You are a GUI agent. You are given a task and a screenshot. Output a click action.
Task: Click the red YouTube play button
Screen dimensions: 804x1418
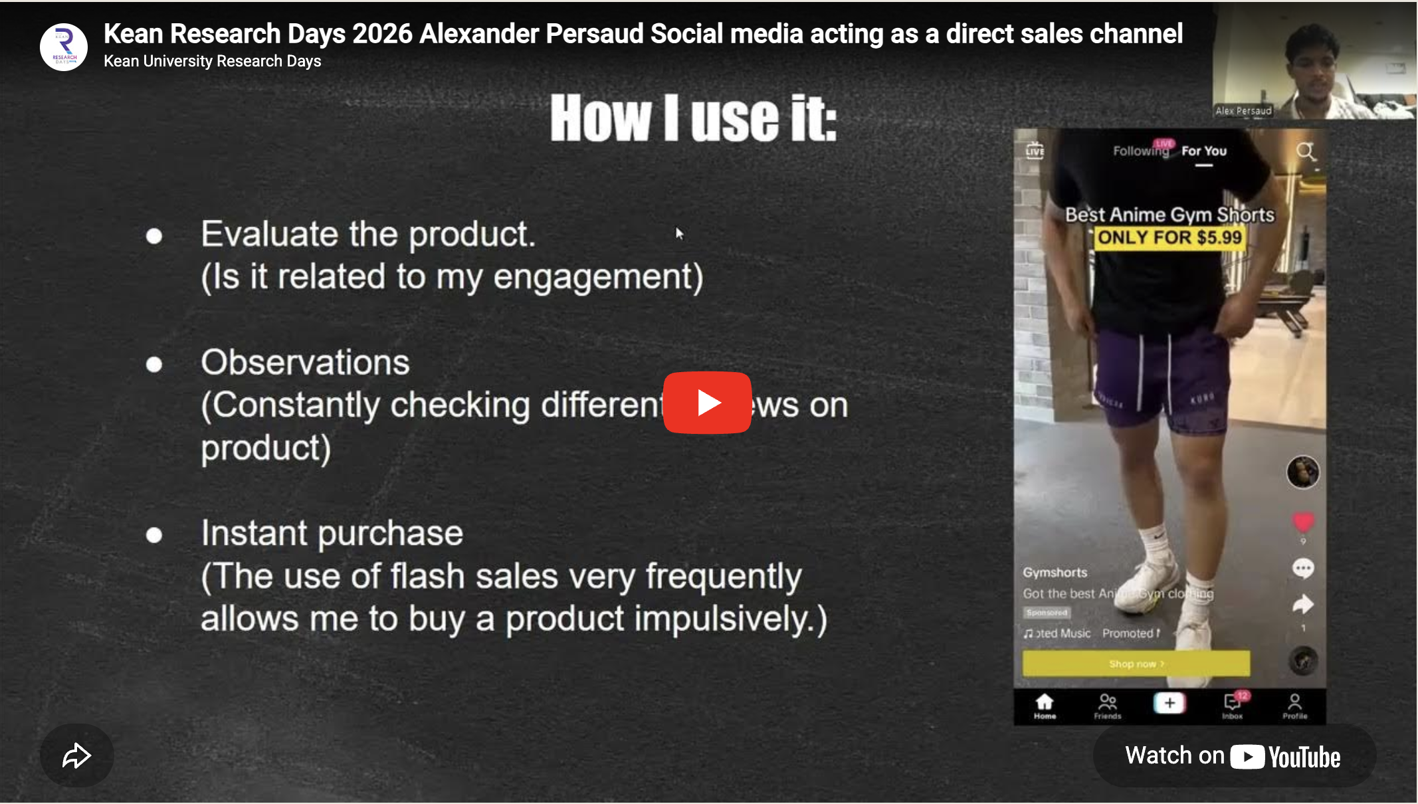click(x=707, y=403)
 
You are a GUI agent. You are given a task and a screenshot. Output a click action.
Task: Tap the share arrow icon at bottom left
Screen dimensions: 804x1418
click(x=76, y=755)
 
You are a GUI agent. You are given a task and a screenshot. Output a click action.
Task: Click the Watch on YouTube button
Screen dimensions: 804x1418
click(x=1233, y=756)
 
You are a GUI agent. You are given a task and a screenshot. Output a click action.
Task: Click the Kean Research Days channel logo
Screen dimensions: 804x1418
click(x=64, y=47)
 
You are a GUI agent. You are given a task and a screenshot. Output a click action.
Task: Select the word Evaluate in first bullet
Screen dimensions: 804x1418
click(x=270, y=235)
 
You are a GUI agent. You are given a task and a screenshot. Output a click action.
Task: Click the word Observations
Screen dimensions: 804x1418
click(x=305, y=363)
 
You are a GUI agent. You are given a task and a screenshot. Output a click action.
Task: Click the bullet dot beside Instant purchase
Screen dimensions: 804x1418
click(x=154, y=535)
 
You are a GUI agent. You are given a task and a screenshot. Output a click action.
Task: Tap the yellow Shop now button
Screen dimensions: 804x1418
click(x=1136, y=663)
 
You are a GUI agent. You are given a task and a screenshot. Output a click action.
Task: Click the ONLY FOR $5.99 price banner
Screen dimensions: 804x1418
click(x=1169, y=237)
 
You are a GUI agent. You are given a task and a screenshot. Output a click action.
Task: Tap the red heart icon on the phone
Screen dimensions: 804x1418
click(x=1303, y=522)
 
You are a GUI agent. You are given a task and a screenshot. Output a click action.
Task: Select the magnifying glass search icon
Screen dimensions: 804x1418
click(x=1306, y=151)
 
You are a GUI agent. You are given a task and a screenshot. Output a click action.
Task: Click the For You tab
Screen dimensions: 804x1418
click(x=1203, y=151)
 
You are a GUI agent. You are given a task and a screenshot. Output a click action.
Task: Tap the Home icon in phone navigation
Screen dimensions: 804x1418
click(x=1045, y=706)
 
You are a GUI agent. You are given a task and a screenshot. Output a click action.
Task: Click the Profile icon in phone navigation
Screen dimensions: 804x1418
click(x=1294, y=706)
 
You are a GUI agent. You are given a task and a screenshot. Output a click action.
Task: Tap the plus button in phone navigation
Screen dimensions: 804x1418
click(x=1169, y=703)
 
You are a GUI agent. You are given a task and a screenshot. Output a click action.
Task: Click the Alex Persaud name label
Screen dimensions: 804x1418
click(x=1243, y=111)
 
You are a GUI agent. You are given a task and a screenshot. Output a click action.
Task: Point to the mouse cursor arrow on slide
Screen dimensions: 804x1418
click(x=678, y=233)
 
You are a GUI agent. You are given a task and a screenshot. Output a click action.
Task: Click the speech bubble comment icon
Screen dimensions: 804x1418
click(x=1303, y=568)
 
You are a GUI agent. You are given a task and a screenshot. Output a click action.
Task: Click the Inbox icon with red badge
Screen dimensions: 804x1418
click(x=1233, y=704)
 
